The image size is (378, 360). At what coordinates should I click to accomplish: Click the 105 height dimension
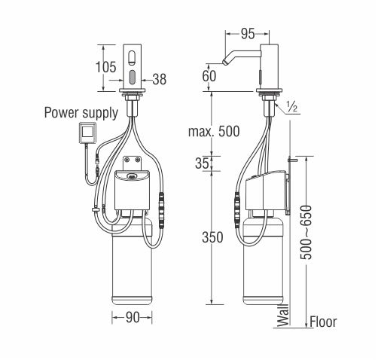[x=106, y=67]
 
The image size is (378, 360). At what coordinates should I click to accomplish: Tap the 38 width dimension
[x=160, y=79]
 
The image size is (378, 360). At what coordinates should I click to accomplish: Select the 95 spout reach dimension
[x=248, y=34]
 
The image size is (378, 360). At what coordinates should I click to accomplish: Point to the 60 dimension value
[x=209, y=76]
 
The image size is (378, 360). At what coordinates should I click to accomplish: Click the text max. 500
[x=214, y=131]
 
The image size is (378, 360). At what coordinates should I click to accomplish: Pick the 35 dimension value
[x=202, y=163]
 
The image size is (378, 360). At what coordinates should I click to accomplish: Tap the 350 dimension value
[x=212, y=237]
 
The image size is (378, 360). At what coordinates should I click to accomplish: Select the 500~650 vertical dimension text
[x=306, y=232]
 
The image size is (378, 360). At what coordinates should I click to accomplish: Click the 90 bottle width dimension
[x=133, y=318]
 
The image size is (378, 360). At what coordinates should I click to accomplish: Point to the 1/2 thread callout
[x=291, y=107]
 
